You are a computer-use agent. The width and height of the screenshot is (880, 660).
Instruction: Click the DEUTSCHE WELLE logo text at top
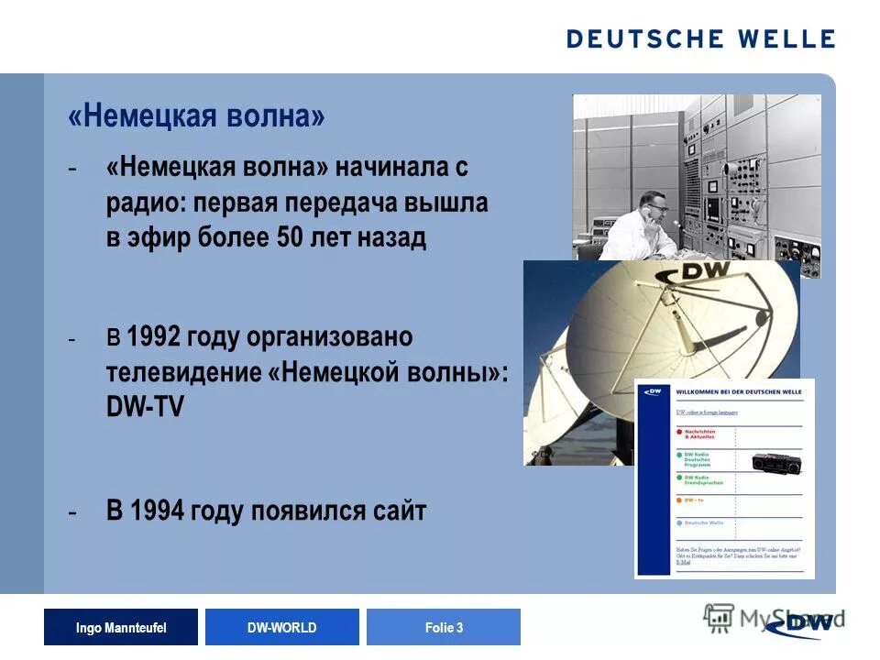(700, 38)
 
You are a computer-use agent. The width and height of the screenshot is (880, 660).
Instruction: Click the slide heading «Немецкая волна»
(196, 118)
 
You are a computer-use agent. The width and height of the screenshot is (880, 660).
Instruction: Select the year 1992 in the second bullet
(154, 337)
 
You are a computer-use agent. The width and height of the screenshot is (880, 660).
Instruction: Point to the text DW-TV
(145, 407)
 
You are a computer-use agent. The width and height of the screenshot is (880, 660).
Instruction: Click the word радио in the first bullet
(145, 203)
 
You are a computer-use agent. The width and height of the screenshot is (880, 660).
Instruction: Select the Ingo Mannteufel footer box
(121, 627)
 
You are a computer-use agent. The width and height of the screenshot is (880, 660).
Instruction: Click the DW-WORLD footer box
(282, 627)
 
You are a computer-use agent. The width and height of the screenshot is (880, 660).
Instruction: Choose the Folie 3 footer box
(444, 627)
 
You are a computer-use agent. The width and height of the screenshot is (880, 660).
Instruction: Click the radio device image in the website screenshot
(775, 463)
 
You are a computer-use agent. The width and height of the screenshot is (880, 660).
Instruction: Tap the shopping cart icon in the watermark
(720, 616)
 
